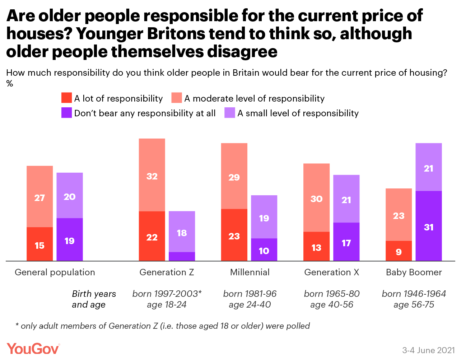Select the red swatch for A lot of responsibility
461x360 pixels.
pos(66,98)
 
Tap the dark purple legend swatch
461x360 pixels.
pos(66,113)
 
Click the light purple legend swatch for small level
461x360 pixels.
pos(230,113)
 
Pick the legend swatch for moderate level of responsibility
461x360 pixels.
pos(177,98)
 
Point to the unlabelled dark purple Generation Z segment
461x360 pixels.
pos(182,256)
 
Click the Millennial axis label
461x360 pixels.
pos(250,272)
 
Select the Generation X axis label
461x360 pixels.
pos(332,272)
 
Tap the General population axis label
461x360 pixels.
pos(55,272)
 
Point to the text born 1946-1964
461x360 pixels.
pos(414,294)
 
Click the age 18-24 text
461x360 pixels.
pos(167,305)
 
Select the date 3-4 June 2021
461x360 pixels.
pos(428,350)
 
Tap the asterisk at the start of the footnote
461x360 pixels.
pos(17,325)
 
